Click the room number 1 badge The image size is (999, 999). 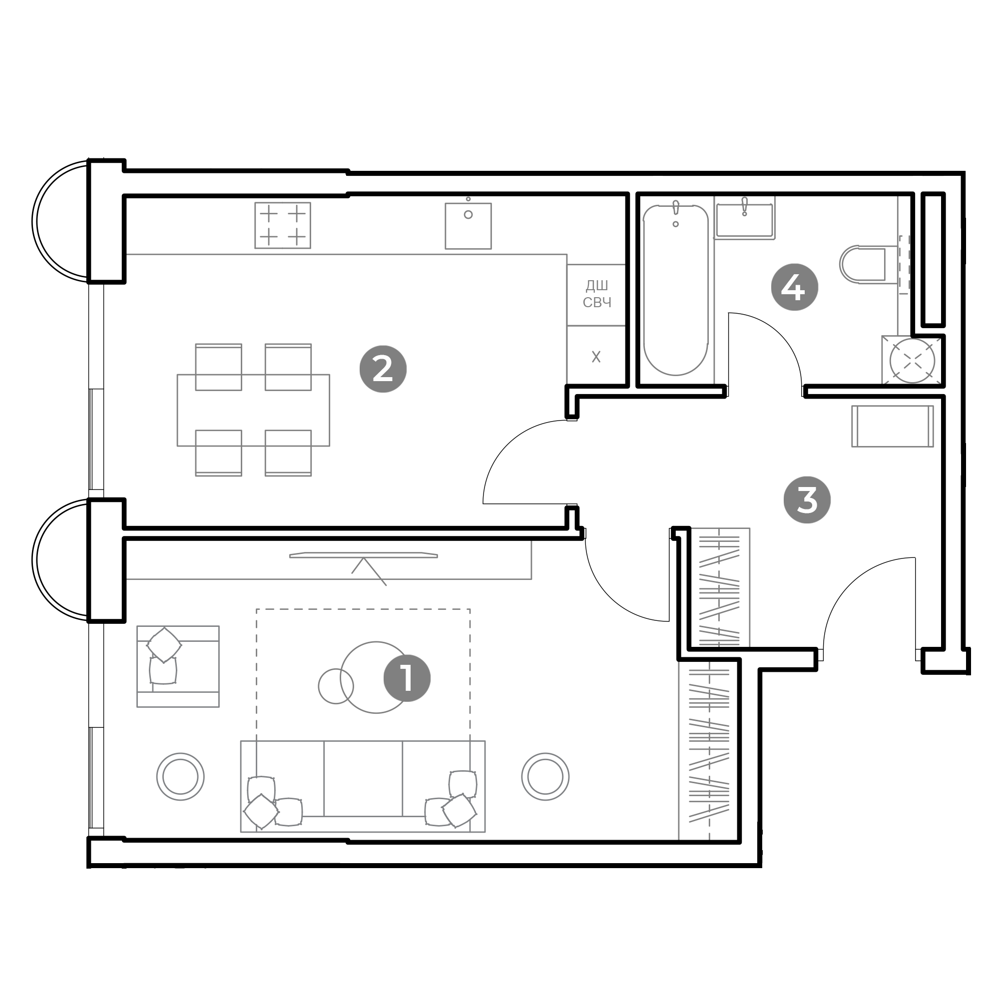point(407,678)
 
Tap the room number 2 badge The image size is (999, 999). point(383,369)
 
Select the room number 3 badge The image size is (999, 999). point(807,499)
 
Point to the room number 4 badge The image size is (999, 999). point(794,287)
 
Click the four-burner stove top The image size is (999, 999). point(282,225)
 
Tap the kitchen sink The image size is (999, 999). point(468,225)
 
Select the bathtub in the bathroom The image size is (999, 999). point(675,290)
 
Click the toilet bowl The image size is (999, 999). point(863,264)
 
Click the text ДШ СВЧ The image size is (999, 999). point(597,294)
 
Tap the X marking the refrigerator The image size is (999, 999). point(596,357)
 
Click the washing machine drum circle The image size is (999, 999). point(912,361)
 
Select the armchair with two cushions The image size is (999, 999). point(178,666)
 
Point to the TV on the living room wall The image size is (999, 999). point(364,555)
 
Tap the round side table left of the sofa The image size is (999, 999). point(180,777)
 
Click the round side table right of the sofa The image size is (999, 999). point(545,777)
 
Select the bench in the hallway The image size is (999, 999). point(893,426)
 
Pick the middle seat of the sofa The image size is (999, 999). point(363,779)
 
